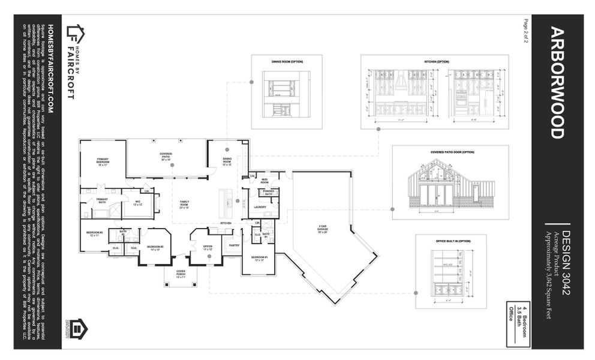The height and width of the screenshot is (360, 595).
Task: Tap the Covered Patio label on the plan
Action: click(x=166, y=156)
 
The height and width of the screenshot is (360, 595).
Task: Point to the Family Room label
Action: click(x=184, y=205)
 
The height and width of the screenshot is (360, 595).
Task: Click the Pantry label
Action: click(x=234, y=245)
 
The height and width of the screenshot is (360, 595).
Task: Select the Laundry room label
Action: click(x=260, y=207)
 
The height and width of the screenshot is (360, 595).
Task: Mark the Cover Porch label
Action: click(x=181, y=274)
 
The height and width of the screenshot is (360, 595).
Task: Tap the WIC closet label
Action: click(x=137, y=204)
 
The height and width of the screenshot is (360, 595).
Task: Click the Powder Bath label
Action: click(x=268, y=193)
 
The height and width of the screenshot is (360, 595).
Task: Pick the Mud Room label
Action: click(x=265, y=181)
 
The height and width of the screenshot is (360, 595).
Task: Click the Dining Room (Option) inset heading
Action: click(x=286, y=61)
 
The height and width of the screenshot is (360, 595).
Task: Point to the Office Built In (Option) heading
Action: click(x=450, y=241)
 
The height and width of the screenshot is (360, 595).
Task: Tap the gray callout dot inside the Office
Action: click(x=209, y=256)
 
